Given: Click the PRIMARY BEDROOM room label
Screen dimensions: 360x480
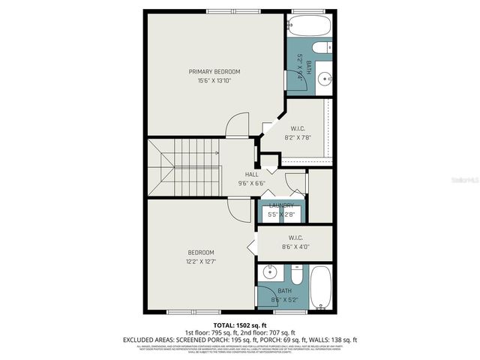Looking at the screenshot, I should [214, 71].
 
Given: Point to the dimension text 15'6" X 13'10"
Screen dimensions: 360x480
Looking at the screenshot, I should [214, 80].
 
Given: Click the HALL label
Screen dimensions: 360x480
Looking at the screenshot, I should [251, 175].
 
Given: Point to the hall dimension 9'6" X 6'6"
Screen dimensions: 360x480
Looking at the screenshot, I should [251, 183].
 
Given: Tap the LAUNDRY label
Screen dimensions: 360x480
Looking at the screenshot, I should [282, 205].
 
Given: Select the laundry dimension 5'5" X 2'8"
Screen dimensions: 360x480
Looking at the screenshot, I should [282, 214].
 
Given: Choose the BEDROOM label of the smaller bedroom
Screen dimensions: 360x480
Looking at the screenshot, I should [201, 252].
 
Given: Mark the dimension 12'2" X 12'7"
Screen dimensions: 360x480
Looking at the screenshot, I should [201, 261].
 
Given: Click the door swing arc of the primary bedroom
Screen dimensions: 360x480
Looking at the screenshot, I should [237, 124].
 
